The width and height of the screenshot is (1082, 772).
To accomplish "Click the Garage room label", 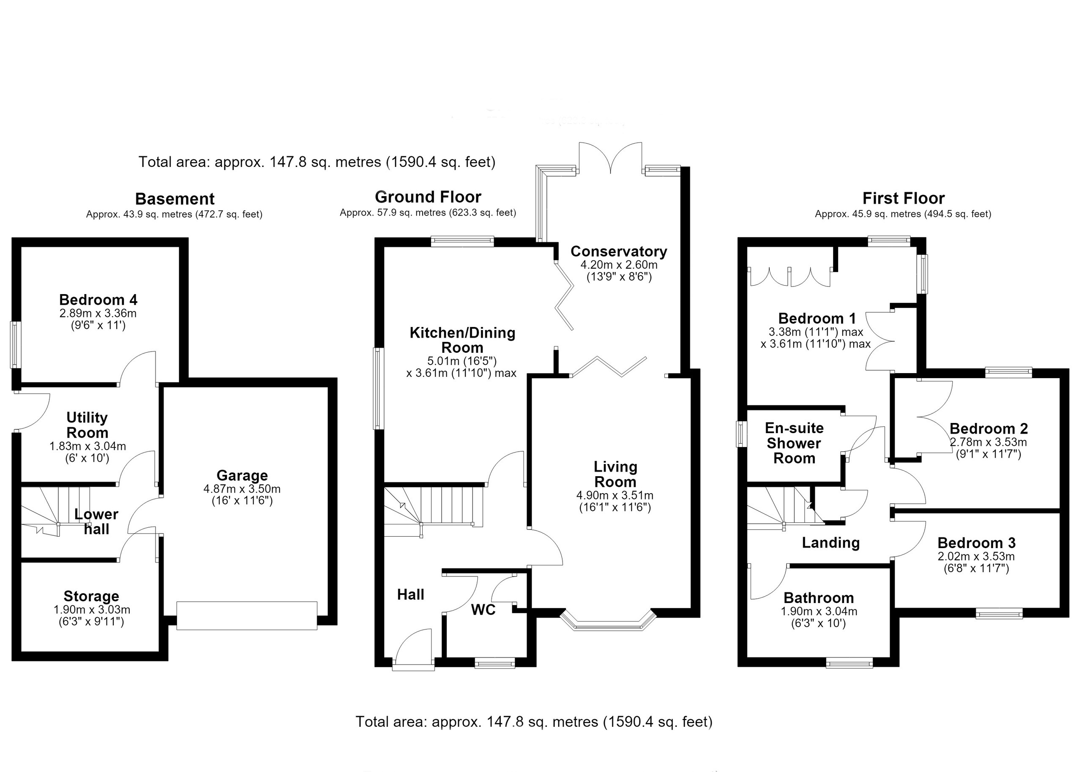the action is pos(242,475).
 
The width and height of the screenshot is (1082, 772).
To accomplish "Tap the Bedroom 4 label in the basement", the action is pos(98,300).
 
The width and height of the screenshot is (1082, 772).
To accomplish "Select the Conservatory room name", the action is pos(618,251).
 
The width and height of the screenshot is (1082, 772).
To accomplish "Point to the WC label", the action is pos(483,610).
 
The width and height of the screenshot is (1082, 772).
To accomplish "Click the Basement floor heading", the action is pos(175,199).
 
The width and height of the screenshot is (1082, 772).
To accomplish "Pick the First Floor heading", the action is pos(903,198).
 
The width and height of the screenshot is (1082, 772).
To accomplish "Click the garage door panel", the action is pos(247,616).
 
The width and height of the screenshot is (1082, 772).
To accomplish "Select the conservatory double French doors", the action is pos(610,158).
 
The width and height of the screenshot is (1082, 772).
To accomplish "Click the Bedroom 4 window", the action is pos(16,345).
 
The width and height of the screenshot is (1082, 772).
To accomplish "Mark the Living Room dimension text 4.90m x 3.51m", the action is pos(615,496).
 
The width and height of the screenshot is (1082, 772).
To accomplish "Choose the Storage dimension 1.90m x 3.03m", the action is pos(92,610).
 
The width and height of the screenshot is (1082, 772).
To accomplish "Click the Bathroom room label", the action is pos(819,597).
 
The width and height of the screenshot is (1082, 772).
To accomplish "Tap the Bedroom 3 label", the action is pos(976,543).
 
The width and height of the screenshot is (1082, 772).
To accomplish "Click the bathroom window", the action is pos(850,663).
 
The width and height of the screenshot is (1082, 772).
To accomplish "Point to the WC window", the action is pos(495,663).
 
